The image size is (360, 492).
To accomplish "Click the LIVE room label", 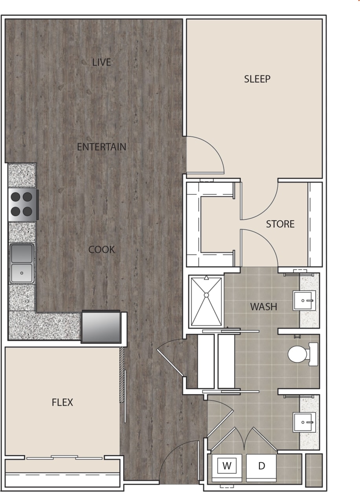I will (x=101, y=62).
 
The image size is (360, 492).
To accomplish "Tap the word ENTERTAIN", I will (x=101, y=147).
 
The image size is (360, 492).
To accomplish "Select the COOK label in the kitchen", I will (x=101, y=249).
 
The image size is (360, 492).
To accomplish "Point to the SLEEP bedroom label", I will (x=257, y=79).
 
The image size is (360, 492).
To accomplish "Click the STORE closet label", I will (x=280, y=224).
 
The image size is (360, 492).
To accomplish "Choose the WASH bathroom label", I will (x=263, y=306).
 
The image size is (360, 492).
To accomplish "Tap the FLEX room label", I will (x=62, y=402).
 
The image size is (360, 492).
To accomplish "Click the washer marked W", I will (x=227, y=466).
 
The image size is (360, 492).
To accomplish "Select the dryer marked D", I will (x=261, y=466).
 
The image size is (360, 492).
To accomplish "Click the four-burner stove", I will (x=22, y=204).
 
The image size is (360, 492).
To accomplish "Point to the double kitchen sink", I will (x=22, y=263).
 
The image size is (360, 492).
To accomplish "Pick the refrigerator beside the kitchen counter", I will (x=101, y=326).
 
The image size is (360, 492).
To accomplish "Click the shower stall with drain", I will (x=206, y=301).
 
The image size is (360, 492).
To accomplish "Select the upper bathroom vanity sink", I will (x=305, y=301).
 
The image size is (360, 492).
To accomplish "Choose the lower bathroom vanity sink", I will (x=305, y=422).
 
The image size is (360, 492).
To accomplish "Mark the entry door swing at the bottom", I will (x=175, y=457).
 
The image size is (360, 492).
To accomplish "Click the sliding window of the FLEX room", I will (x=64, y=457).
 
